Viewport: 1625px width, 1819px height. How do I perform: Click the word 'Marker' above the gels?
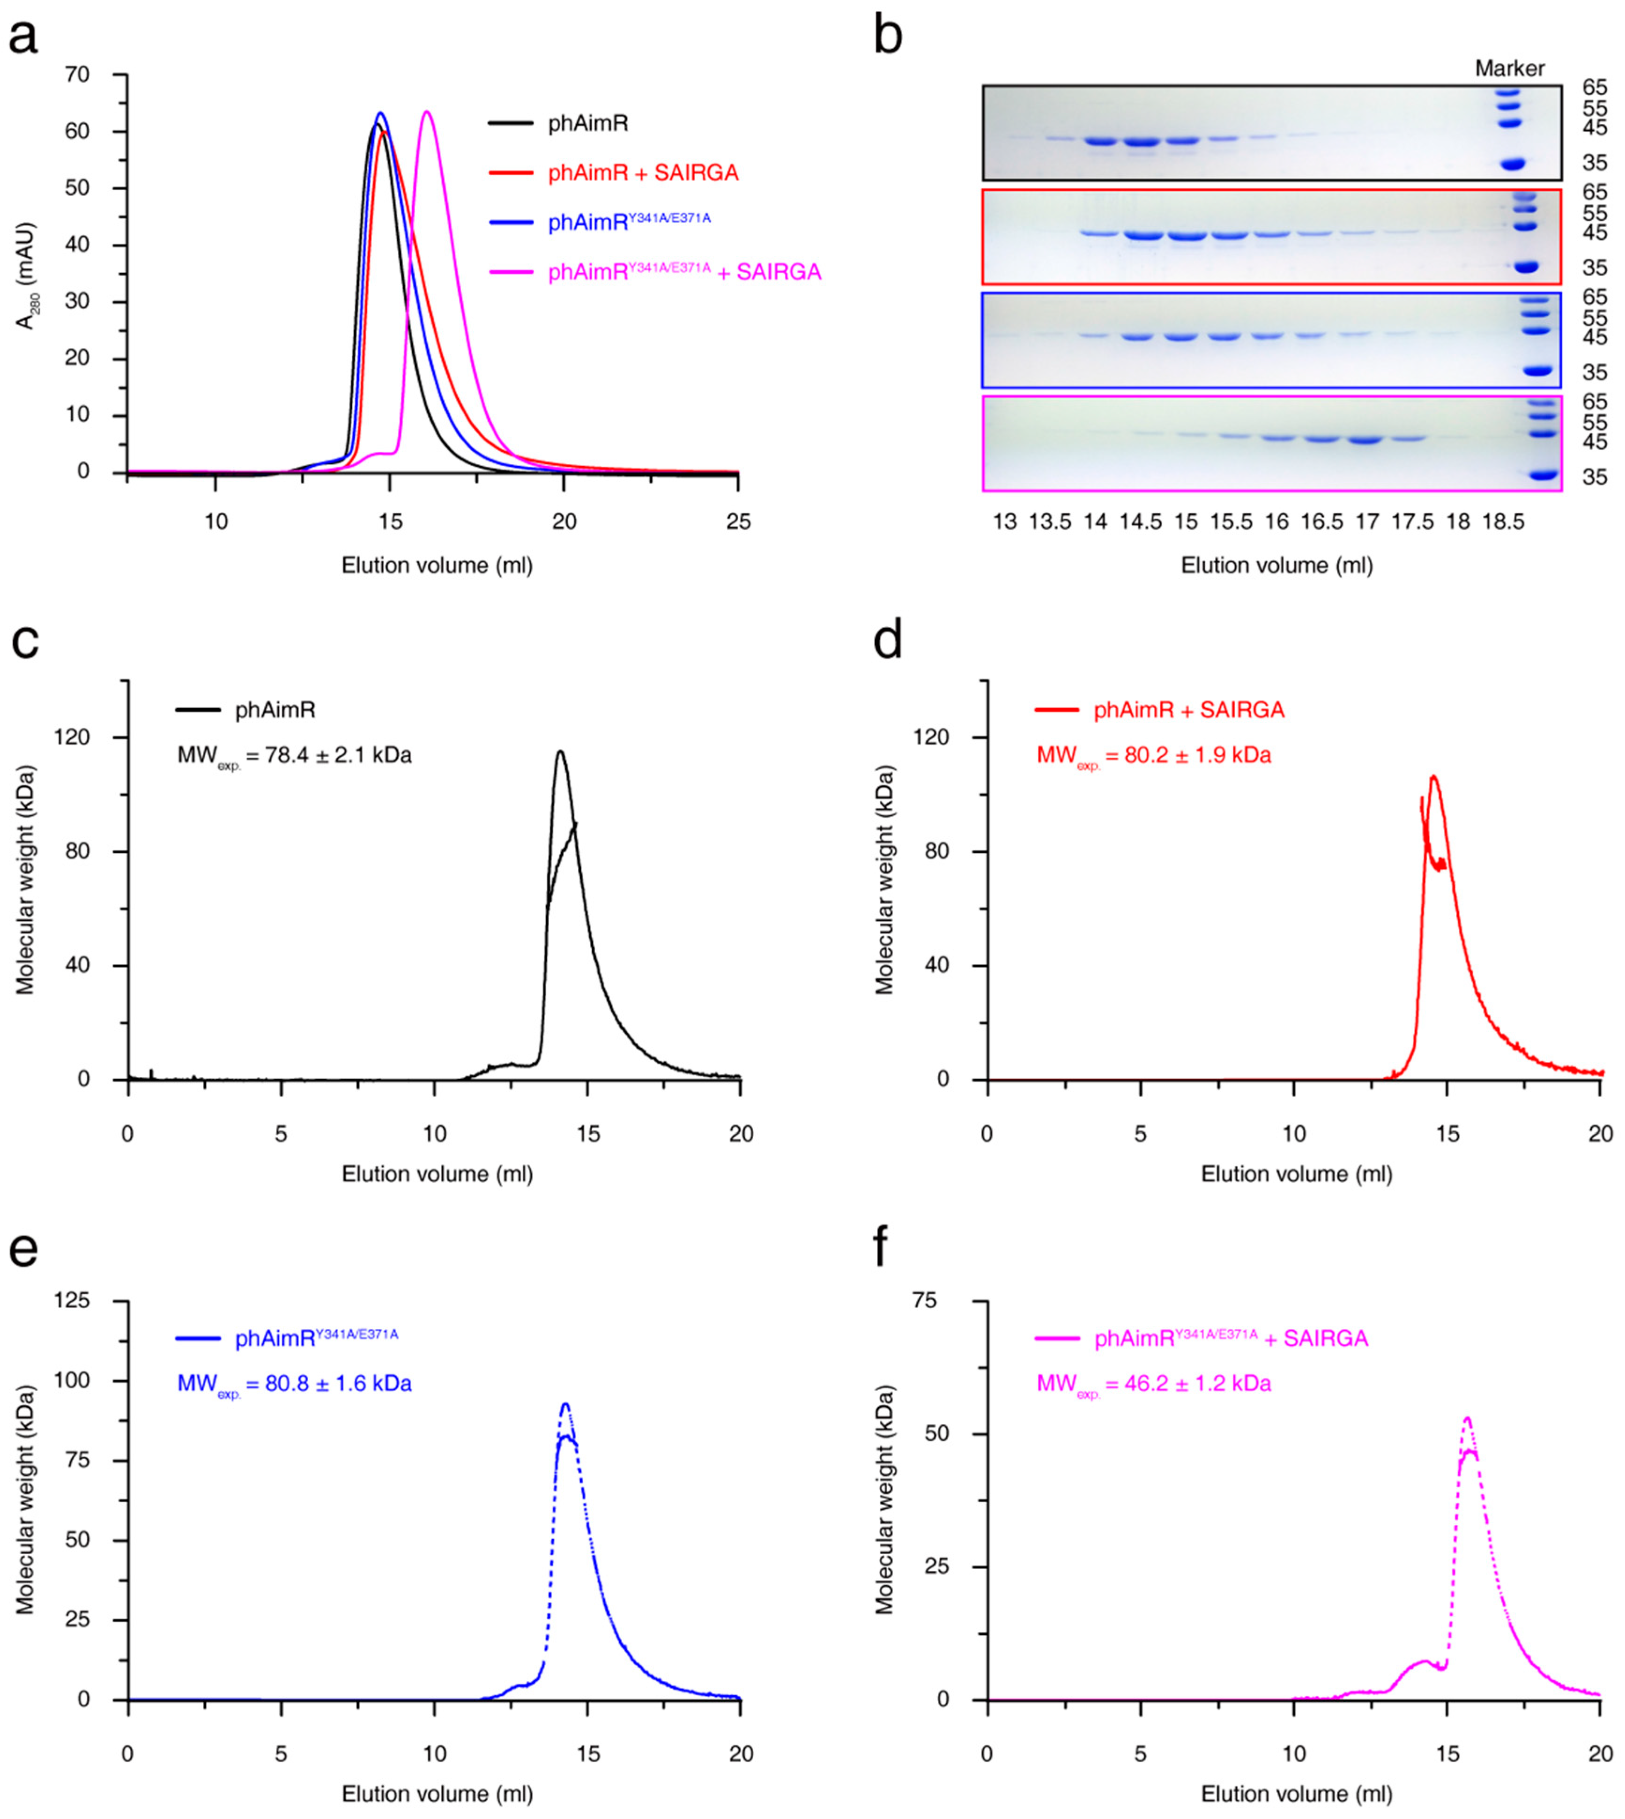pos(1509,69)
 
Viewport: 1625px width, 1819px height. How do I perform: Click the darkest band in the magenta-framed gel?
pos(1365,440)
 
